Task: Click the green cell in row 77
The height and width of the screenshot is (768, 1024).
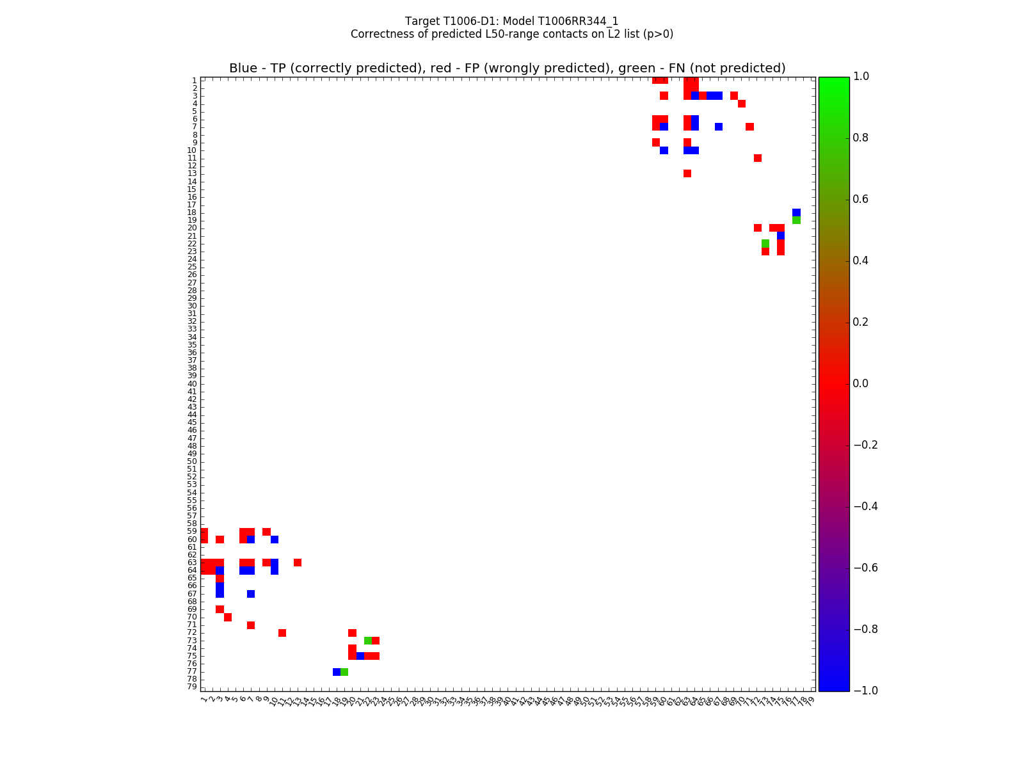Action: pos(344,671)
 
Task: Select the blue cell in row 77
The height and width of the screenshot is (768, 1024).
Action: pos(337,671)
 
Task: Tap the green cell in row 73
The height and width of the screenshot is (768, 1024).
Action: pos(368,641)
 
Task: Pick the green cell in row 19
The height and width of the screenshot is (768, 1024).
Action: pos(796,220)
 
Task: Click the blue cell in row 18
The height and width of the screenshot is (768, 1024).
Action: pos(796,212)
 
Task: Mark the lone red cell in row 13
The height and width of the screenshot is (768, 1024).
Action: pos(687,173)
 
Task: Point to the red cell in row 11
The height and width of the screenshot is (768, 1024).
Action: pos(758,158)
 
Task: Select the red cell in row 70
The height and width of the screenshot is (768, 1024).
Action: pos(228,617)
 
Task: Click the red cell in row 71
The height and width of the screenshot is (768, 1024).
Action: pos(251,625)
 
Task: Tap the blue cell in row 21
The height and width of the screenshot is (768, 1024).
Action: pos(781,236)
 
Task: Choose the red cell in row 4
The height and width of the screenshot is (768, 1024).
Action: pos(742,104)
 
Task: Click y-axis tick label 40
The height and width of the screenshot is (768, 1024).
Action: pos(192,384)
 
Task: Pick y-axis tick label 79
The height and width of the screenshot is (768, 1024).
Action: pos(192,687)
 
